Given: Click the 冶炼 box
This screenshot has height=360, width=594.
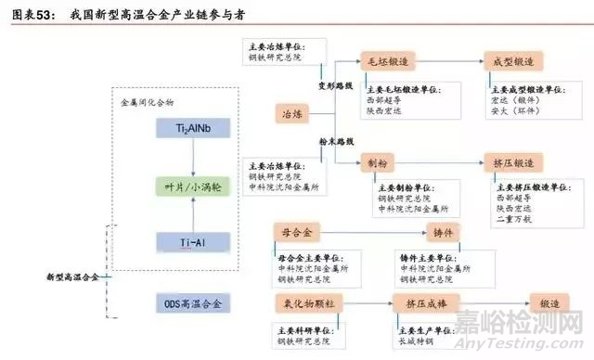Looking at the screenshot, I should click(291, 113).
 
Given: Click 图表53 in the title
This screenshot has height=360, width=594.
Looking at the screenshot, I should click(30, 11).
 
